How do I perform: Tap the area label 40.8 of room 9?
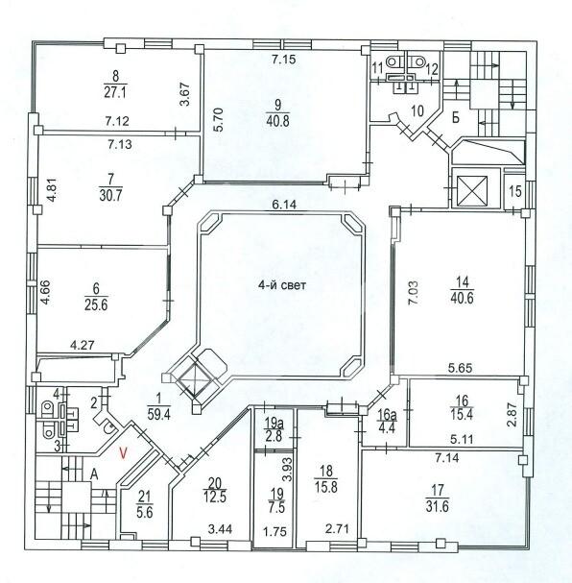pyautogui.click(x=277, y=121)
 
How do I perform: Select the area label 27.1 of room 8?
pyautogui.click(x=115, y=92)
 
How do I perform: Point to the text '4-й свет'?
pyautogui.click(x=282, y=285)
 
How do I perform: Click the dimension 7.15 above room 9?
pyautogui.click(x=284, y=60)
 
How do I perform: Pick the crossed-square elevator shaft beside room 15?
pyautogui.click(x=472, y=190)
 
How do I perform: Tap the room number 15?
pyautogui.click(x=515, y=192)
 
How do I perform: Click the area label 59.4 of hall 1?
pyautogui.click(x=158, y=414)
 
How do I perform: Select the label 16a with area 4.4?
pyautogui.click(x=387, y=420)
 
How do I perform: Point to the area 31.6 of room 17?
pyautogui.click(x=438, y=506)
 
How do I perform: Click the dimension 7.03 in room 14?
pyautogui.click(x=414, y=293)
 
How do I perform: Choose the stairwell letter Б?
pyautogui.click(x=456, y=117)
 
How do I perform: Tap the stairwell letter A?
pyautogui.click(x=95, y=474)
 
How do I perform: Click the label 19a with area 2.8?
pyautogui.click(x=274, y=429)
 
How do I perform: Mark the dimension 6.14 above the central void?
pyautogui.click(x=284, y=205)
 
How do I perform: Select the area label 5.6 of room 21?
pyautogui.click(x=145, y=512)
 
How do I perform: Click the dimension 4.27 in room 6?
pyautogui.click(x=83, y=345)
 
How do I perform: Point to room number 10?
pyautogui.click(x=417, y=110)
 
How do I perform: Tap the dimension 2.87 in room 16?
pyautogui.click(x=512, y=415)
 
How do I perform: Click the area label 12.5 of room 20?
pyautogui.click(x=215, y=497)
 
